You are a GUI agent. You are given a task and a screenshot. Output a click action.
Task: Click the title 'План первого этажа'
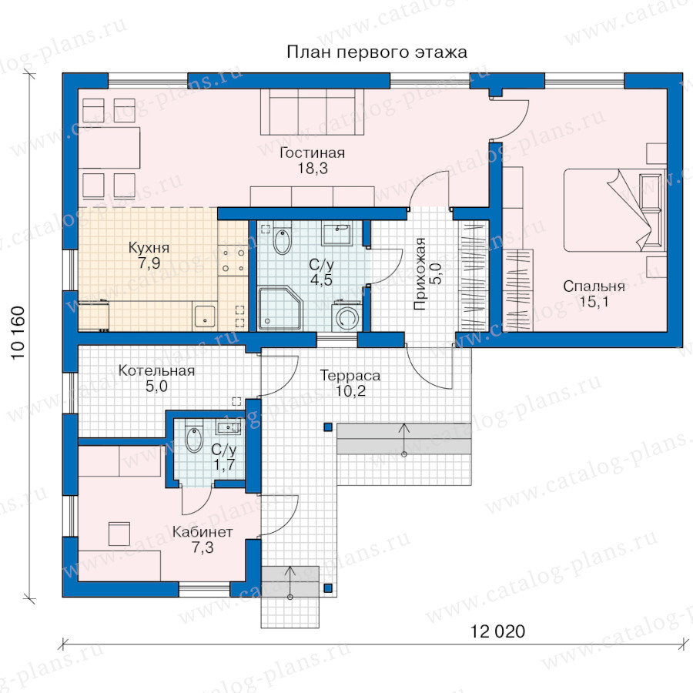tap(377, 52)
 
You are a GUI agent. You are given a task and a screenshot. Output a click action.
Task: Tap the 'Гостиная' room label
tap(312, 153)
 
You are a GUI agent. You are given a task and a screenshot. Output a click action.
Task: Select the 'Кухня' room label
tap(149, 247)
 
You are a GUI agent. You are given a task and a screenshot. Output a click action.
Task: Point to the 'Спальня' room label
tap(594, 286)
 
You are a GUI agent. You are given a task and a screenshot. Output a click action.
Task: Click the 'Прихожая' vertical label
tap(420, 274)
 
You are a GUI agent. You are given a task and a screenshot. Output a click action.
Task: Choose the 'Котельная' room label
tap(156, 370)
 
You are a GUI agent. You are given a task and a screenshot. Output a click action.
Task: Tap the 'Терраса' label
tap(350, 376)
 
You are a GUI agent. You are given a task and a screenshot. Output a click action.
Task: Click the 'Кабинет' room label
tap(203, 531)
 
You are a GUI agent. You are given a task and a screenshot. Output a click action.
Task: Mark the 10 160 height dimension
tap(18, 333)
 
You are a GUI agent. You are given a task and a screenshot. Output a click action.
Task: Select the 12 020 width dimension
tap(497, 631)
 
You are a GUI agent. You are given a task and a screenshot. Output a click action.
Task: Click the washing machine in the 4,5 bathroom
tap(346, 315)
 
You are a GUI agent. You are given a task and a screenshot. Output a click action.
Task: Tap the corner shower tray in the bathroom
tap(280, 309)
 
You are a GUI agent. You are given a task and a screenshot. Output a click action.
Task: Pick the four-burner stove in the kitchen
tap(233, 261)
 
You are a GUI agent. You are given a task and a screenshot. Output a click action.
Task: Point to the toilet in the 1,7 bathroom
tap(193, 437)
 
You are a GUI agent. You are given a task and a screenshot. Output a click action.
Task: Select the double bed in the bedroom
tap(614, 210)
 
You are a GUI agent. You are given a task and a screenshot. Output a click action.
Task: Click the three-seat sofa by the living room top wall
tap(312, 112)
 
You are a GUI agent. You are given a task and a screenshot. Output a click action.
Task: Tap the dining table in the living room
tap(109, 148)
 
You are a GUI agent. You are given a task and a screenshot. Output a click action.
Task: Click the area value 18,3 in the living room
tap(313, 169)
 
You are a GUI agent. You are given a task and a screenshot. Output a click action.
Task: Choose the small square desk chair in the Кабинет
tap(119, 534)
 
